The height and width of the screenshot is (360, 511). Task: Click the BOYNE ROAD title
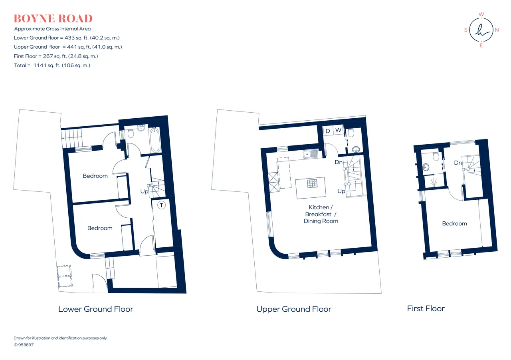click(53, 19)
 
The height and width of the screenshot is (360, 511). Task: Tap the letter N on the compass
click(497, 30)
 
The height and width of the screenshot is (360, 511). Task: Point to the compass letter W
click(481, 14)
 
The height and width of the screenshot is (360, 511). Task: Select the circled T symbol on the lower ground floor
click(162, 205)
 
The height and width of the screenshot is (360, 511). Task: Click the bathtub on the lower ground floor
click(155, 140)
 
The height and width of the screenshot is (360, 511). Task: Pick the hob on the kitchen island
click(312, 183)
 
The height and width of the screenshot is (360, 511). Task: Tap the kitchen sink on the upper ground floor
click(311, 154)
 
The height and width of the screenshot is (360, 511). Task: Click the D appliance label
click(328, 131)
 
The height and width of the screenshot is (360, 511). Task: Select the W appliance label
click(338, 130)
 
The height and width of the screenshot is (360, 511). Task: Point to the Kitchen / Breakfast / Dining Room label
click(321, 214)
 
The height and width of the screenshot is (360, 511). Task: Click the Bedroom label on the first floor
click(454, 223)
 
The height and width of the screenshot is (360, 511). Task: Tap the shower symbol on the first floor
click(434, 182)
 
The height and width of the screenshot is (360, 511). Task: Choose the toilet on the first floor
click(436, 156)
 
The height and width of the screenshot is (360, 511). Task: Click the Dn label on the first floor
click(458, 163)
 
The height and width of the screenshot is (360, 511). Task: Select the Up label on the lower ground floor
click(144, 191)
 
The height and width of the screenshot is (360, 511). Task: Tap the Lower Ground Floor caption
click(95, 309)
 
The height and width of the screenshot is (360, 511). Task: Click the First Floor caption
click(426, 308)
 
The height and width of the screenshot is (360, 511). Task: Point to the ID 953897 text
click(24, 345)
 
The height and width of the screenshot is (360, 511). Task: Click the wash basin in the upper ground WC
click(356, 149)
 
